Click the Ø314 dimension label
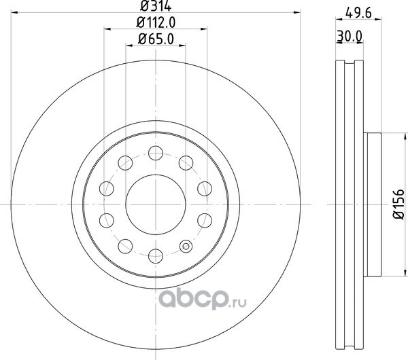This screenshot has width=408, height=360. coord(156,6)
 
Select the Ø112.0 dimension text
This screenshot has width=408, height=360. coord(156,22)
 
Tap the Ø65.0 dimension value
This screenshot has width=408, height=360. coord(156,39)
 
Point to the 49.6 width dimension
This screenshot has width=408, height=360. coord(358,13)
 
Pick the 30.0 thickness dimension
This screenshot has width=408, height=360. coord(350,37)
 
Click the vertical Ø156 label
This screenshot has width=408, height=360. coord(399,204)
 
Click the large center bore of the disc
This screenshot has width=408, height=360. coord(156,204)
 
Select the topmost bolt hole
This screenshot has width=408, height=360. coord(156,153)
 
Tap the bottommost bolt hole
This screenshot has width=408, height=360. coord(156,256)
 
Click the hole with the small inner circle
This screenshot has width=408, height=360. coord(186,246)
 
